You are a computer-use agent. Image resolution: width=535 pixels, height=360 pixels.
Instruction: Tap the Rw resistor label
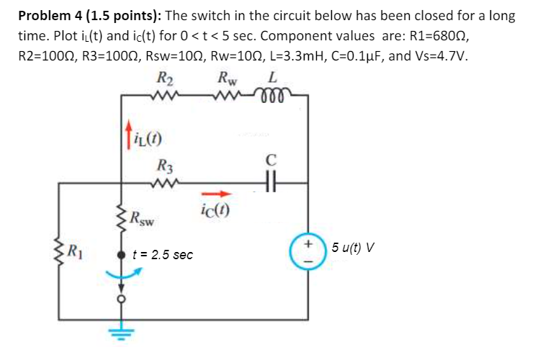229,80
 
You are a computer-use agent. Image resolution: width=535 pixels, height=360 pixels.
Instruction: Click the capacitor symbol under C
271,184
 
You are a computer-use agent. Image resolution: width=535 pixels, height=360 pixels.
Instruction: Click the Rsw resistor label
144,217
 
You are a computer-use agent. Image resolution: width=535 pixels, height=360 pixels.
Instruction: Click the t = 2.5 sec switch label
163,255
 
